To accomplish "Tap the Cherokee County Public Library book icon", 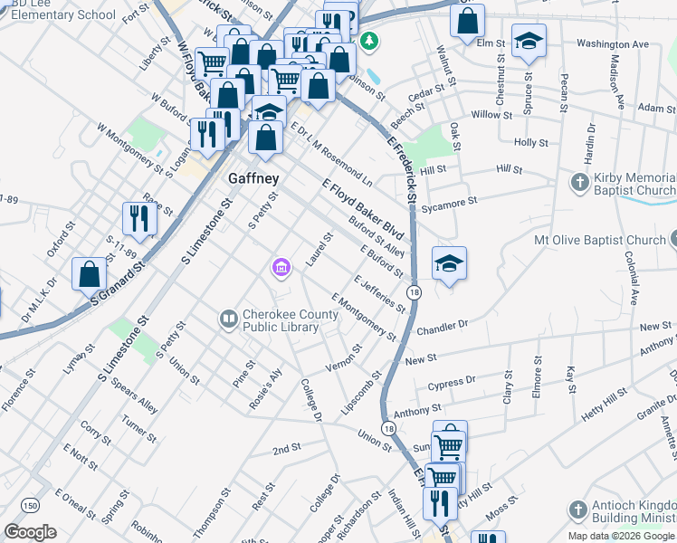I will click(228, 319).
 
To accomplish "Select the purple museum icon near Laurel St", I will click(281, 267).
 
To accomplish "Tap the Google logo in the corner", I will click(31, 532).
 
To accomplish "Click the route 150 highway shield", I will click(32, 505).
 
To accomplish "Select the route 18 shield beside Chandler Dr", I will click(414, 291).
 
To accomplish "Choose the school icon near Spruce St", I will click(529, 41).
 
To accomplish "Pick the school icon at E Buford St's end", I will click(449, 263).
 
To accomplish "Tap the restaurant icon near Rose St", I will click(139, 217).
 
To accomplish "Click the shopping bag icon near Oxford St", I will click(90, 274).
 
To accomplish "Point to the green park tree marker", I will click(368, 41).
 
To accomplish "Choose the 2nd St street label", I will click(286, 448).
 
